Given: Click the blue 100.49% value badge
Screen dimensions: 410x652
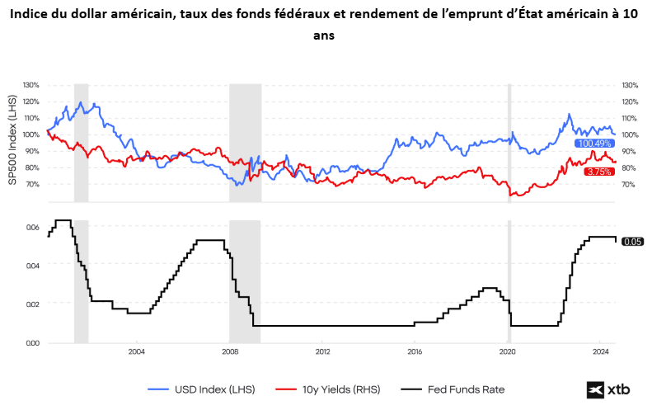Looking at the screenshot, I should point(594,144).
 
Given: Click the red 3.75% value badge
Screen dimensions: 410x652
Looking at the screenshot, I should point(598,171).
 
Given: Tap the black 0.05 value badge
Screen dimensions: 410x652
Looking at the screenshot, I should point(631,242).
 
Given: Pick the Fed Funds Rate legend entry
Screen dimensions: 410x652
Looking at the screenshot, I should point(452,389).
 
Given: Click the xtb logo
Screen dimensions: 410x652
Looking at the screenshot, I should point(608,389).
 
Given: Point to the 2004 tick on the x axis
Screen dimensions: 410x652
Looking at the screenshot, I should point(137,351).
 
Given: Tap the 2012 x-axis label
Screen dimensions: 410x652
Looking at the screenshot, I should point(322,351).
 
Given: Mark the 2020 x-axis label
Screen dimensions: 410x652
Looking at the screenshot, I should point(508,351).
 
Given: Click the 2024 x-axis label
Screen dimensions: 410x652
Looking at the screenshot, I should point(601,351).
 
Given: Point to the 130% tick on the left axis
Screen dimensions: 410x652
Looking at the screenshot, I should point(31,85).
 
